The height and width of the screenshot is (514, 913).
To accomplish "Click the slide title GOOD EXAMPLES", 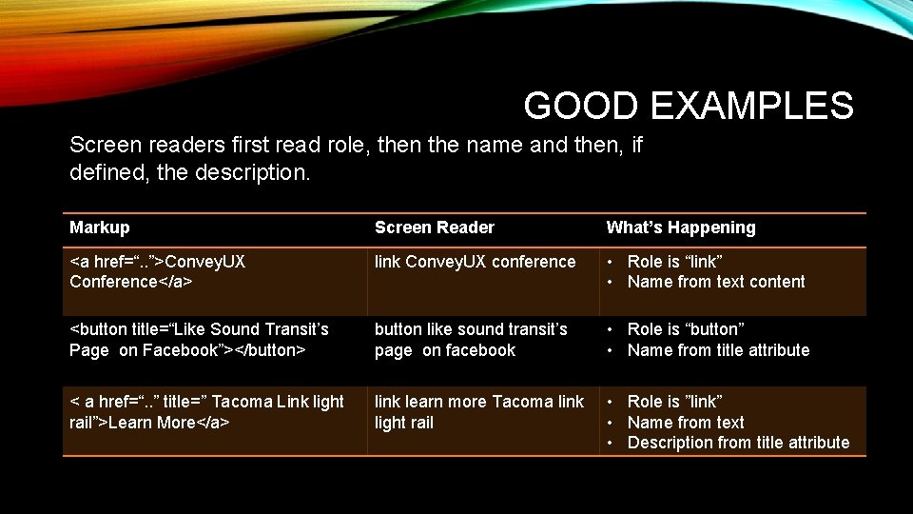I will coord(688,106).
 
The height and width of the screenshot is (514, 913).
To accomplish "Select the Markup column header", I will coord(100,227).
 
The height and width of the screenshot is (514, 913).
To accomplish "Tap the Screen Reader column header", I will coord(434,227).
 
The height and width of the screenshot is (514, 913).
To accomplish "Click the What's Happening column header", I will coord(681,227).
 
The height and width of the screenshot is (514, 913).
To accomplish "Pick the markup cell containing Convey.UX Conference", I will coord(157,271).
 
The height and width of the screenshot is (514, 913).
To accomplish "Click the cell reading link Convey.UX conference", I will coord(475,262).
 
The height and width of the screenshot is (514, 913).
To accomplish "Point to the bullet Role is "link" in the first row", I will coord(674,262).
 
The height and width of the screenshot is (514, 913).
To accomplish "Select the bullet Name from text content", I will coord(715,282).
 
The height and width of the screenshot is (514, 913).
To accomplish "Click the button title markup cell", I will coord(199,340).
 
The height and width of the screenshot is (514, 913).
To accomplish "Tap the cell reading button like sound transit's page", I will coord(471,340).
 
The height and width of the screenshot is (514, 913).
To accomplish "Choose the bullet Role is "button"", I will coord(685,329).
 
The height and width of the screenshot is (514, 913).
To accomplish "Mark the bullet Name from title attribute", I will coord(718,350).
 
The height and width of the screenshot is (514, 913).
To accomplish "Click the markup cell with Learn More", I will coord(206,412).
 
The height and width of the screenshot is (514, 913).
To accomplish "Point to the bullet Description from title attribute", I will coord(738,443).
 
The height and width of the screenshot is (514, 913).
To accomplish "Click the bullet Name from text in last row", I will coord(685,423).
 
